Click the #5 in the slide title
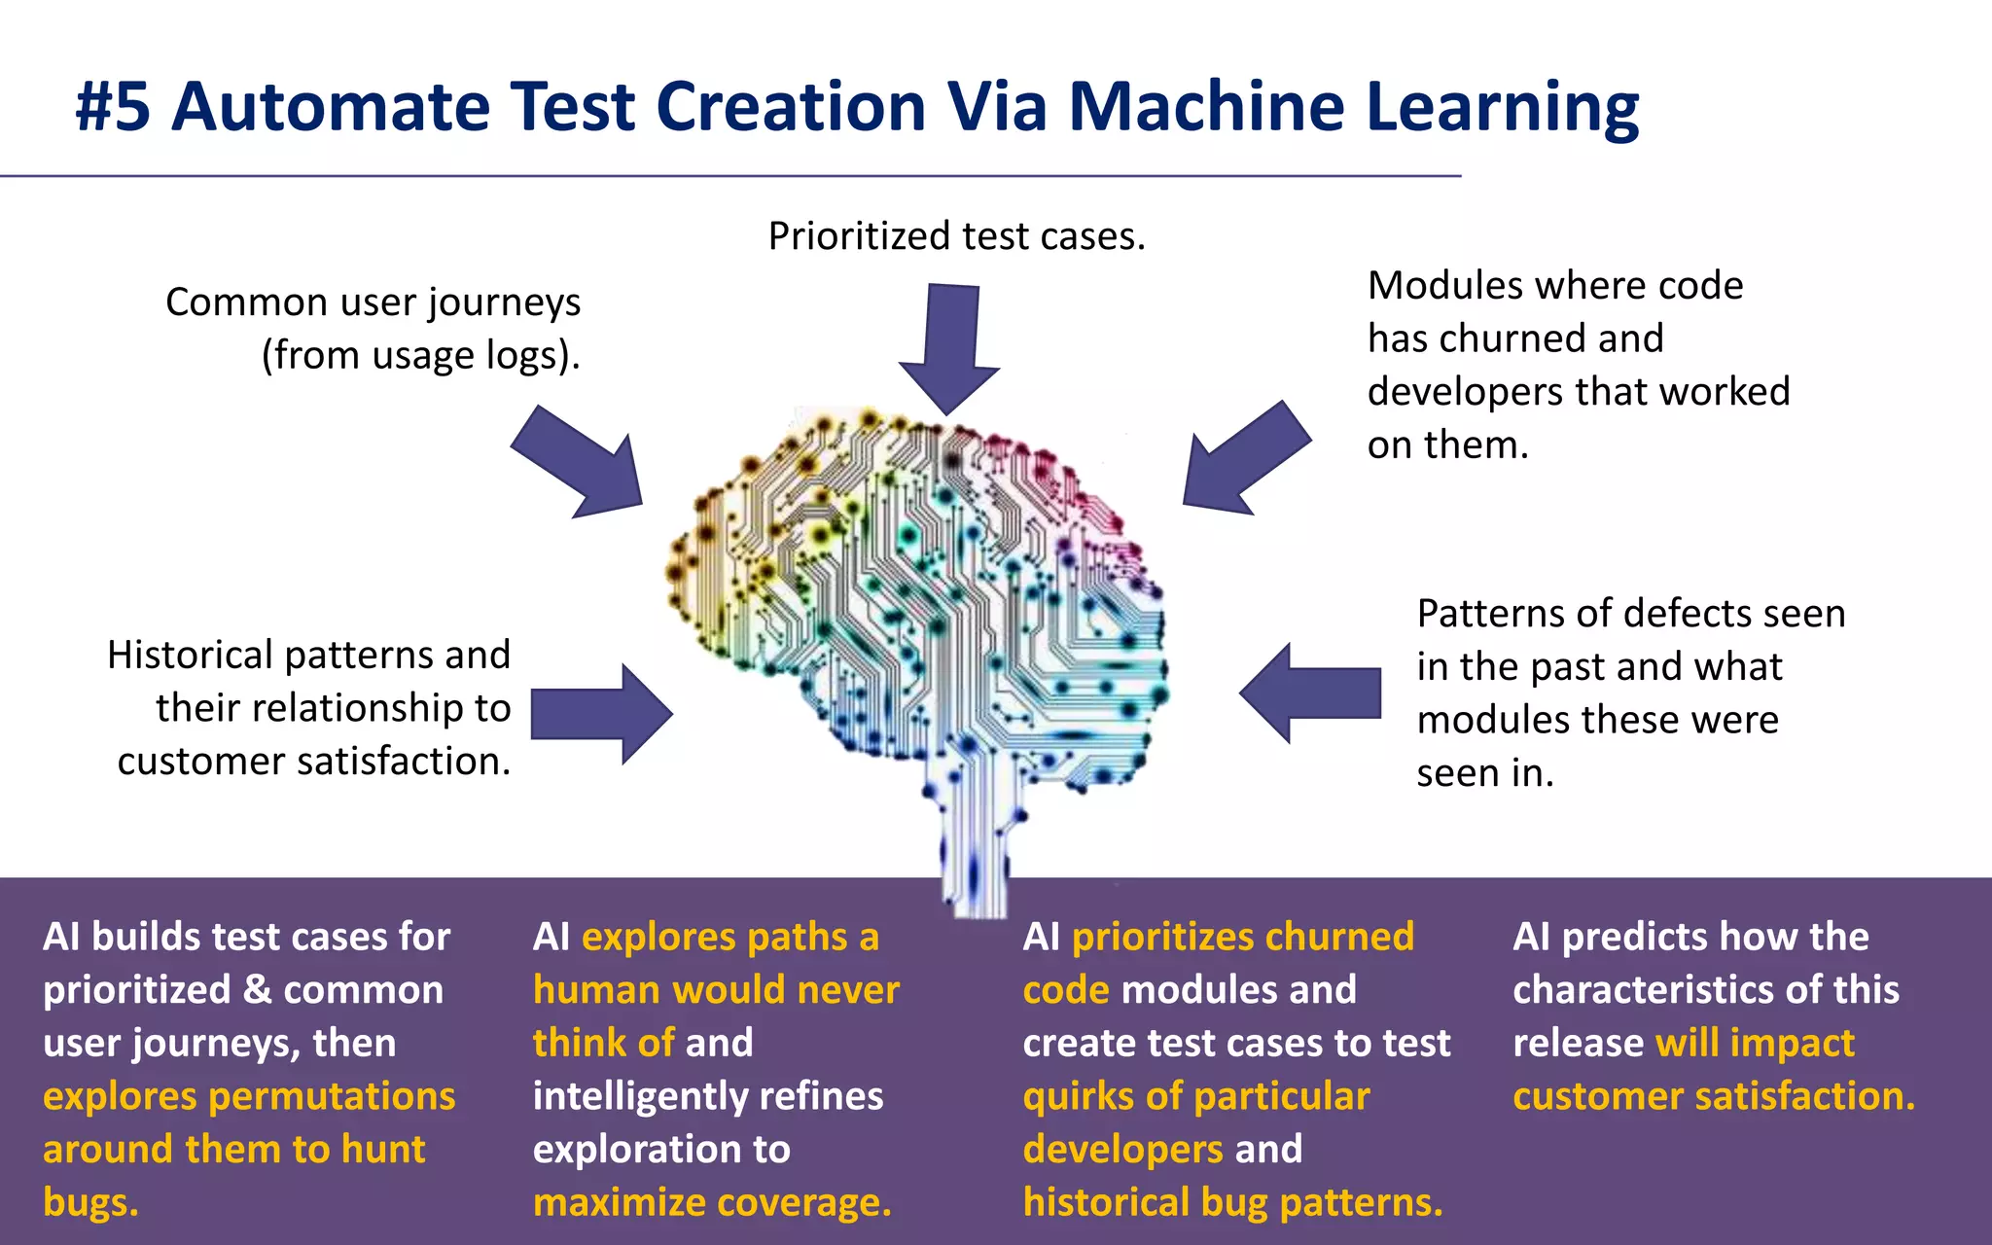(x=113, y=107)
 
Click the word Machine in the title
(x=1206, y=107)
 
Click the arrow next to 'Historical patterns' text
(x=603, y=714)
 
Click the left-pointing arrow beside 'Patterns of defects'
(x=1309, y=694)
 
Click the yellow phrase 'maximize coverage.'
(x=712, y=1202)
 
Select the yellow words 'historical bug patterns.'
(x=1232, y=1202)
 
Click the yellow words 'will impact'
(x=1755, y=1043)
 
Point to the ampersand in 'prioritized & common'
(x=257, y=990)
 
